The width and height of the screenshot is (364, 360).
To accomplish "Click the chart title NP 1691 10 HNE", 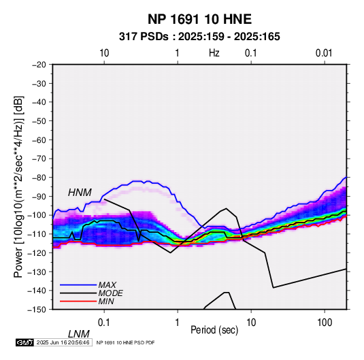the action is coord(199,19).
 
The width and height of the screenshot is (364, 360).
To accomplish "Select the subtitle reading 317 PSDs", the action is coord(144,37).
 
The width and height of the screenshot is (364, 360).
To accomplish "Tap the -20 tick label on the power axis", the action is coord(39,65).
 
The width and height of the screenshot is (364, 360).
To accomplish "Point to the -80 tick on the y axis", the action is coord(39,178).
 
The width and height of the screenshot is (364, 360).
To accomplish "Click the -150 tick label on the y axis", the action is coord(37,310).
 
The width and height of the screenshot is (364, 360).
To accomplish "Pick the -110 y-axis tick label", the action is coord(37,234).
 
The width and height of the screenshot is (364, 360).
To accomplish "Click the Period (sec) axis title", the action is coord(214,330).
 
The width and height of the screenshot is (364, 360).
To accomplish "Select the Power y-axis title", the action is coord(18,186).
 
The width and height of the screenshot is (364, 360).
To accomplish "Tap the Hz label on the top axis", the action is coord(214,53).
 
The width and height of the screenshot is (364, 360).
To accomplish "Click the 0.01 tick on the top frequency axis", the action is coord(324,53).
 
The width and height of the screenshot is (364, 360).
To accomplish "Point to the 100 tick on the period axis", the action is coord(325,323).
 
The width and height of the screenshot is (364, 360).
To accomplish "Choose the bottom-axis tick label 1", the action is coord(177,323).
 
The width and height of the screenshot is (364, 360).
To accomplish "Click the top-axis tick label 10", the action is coord(104,53).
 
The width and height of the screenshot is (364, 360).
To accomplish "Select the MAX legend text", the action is coord(107,285).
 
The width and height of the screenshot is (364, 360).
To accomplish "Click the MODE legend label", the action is coord(110,293).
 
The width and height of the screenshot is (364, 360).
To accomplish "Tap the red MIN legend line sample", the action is coord(78,301).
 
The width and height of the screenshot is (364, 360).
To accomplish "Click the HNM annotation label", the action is coord(80,193).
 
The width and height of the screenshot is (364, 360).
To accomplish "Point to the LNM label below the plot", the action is coord(79,334).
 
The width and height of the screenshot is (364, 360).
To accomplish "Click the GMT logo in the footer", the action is coord(24,342).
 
